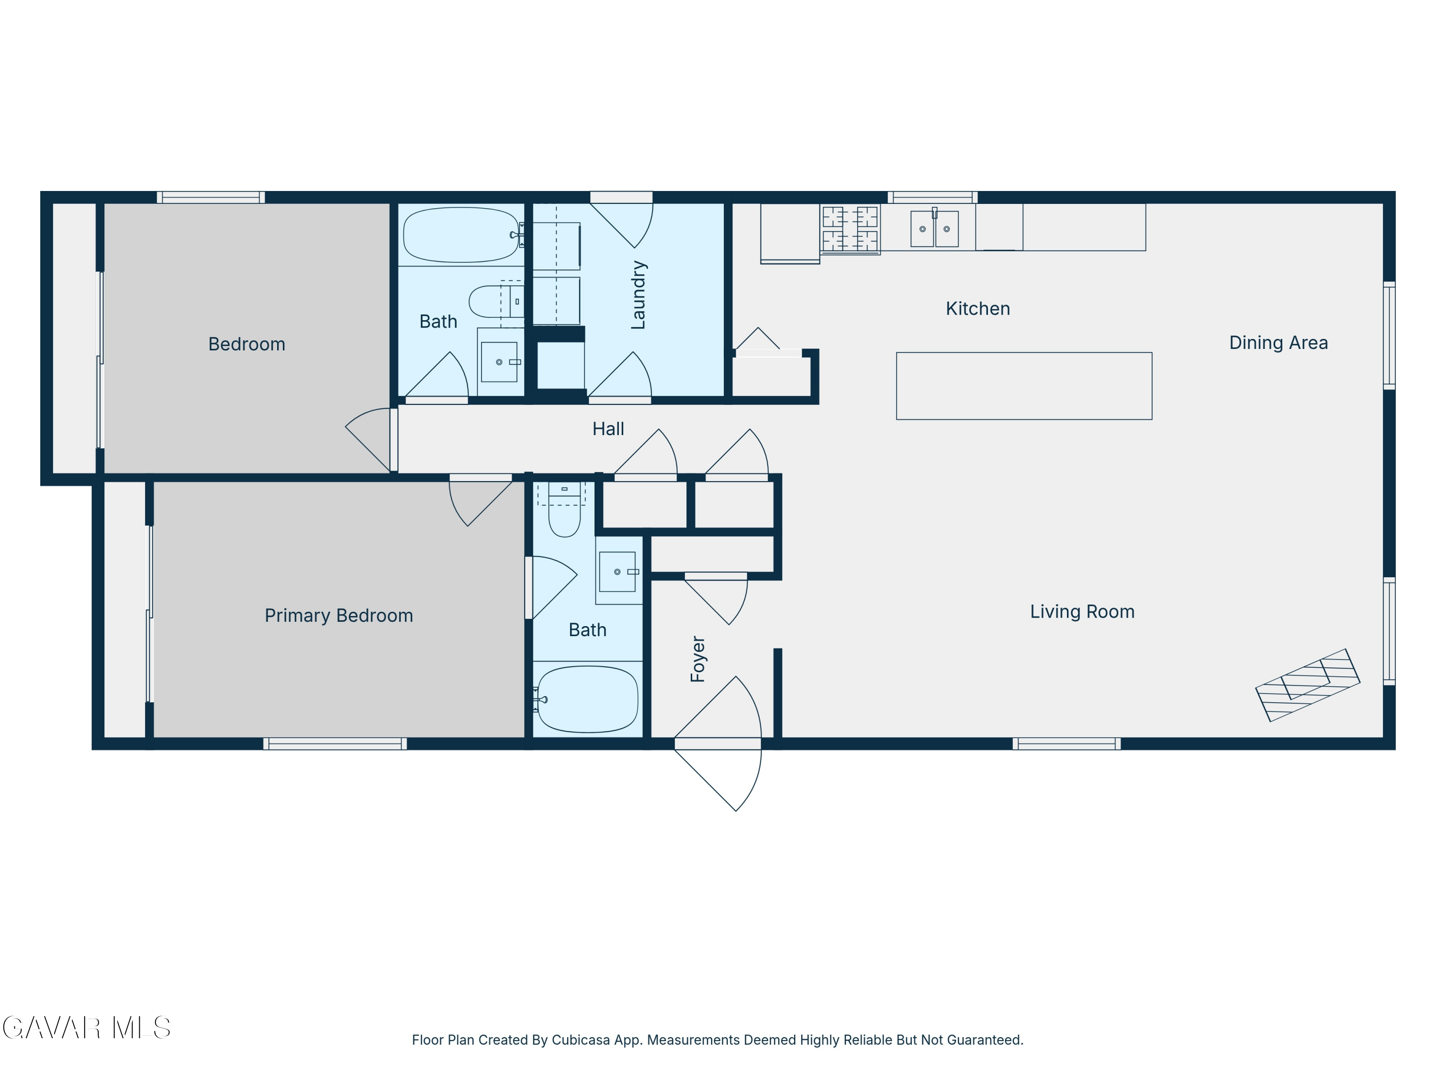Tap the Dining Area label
[x=1278, y=343]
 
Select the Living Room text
[x=1082, y=612]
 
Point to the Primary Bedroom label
[x=339, y=616]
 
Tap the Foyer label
[x=698, y=659]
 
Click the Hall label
[x=608, y=428]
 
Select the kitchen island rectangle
[x=1024, y=386]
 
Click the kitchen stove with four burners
[x=850, y=228]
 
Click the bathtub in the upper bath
[x=461, y=235]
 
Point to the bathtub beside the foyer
[x=587, y=699]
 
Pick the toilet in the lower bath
[x=565, y=510]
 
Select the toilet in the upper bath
[x=496, y=301]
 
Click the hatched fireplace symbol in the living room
[x=1307, y=685]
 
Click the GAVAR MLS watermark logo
[x=86, y=1028]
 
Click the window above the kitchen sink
[x=932, y=197]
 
